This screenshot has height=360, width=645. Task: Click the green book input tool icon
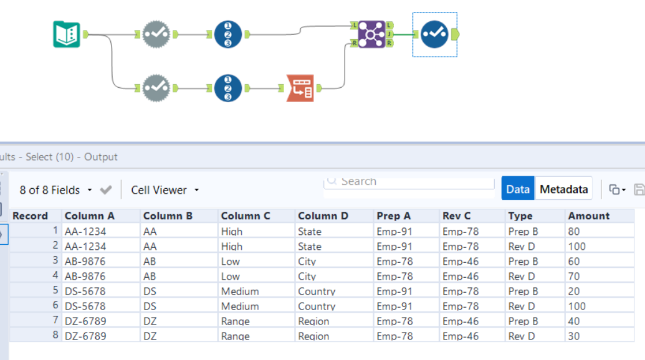(67, 34)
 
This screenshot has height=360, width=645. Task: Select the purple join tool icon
(371, 34)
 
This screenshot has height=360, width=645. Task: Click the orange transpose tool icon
(300, 88)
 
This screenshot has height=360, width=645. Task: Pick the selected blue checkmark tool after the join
(434, 34)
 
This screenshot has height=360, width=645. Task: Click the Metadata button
(563, 189)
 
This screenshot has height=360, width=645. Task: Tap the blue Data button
(517, 189)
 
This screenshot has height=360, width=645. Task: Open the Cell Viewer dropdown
(165, 190)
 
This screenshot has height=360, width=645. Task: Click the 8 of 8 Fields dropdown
(56, 190)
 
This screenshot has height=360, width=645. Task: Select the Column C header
(246, 216)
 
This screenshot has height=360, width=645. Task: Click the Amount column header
(588, 216)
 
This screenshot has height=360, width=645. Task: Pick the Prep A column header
(393, 216)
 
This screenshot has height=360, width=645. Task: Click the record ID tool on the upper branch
(227, 34)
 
